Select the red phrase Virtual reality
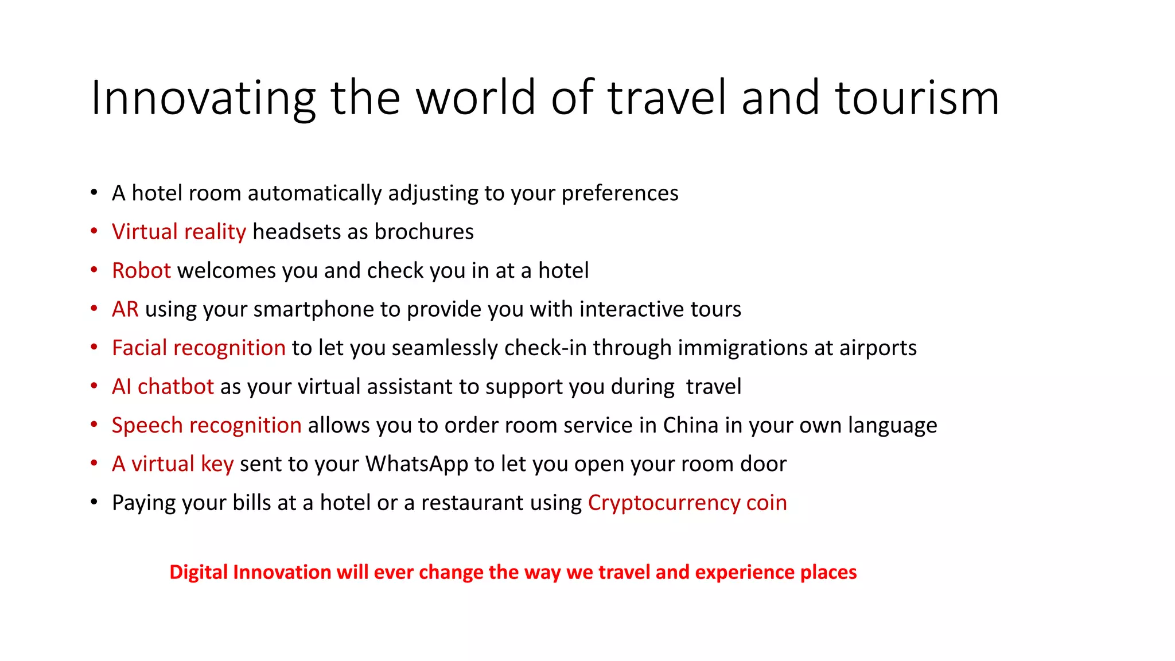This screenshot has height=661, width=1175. (178, 232)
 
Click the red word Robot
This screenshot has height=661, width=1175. (141, 270)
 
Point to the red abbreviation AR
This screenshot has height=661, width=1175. (125, 309)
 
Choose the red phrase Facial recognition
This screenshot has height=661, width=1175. (199, 348)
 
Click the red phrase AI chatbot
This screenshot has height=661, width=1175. (162, 387)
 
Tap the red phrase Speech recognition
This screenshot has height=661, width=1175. (207, 425)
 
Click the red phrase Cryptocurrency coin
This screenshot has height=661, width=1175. (687, 503)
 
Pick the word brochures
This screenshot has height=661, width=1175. (424, 232)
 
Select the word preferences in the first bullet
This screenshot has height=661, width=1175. (620, 193)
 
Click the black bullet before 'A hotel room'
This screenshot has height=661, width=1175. (94, 193)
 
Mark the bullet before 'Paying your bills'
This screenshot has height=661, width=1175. (94, 503)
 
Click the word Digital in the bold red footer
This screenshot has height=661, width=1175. (199, 572)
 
